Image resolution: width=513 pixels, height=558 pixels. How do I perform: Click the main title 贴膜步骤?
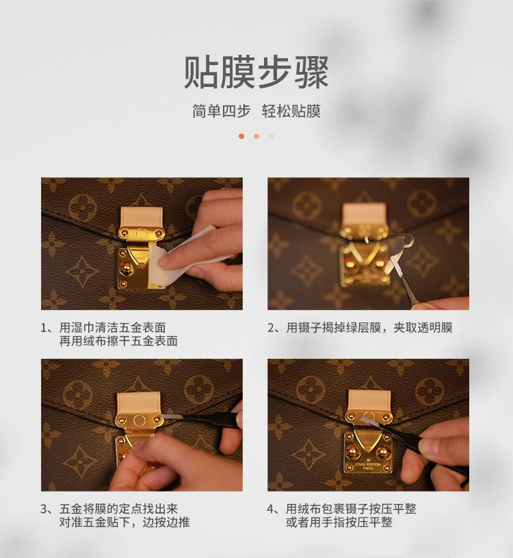tap(256, 73)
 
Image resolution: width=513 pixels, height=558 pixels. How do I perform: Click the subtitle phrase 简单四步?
tap(222, 111)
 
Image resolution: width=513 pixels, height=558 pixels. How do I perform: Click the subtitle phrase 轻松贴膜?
tap(291, 111)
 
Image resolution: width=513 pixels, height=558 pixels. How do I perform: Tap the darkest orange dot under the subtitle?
tap(241, 136)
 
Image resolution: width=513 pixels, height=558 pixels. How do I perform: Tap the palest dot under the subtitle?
tap(272, 136)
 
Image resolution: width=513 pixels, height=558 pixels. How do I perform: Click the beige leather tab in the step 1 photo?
tap(141, 218)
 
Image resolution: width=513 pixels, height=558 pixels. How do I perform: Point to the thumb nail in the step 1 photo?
tap(164, 264)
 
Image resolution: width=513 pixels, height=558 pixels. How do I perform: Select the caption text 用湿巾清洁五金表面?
tap(112, 327)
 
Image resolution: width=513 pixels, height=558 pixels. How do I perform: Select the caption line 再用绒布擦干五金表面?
tap(118, 341)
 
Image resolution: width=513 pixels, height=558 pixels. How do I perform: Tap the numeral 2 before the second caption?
tap(271, 328)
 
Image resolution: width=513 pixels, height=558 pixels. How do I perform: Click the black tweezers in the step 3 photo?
tap(206, 420)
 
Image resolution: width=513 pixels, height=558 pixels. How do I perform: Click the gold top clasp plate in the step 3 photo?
tap(139, 420)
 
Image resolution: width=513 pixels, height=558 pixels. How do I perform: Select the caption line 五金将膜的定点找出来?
tap(118, 509)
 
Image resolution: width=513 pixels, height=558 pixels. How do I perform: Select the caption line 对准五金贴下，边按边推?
tap(124, 522)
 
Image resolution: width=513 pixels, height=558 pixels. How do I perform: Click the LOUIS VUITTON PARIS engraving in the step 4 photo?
tap(368, 466)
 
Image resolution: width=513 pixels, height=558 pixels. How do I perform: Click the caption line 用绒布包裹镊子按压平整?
tap(351, 509)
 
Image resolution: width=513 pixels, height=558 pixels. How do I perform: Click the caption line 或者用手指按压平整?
tap(339, 522)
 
